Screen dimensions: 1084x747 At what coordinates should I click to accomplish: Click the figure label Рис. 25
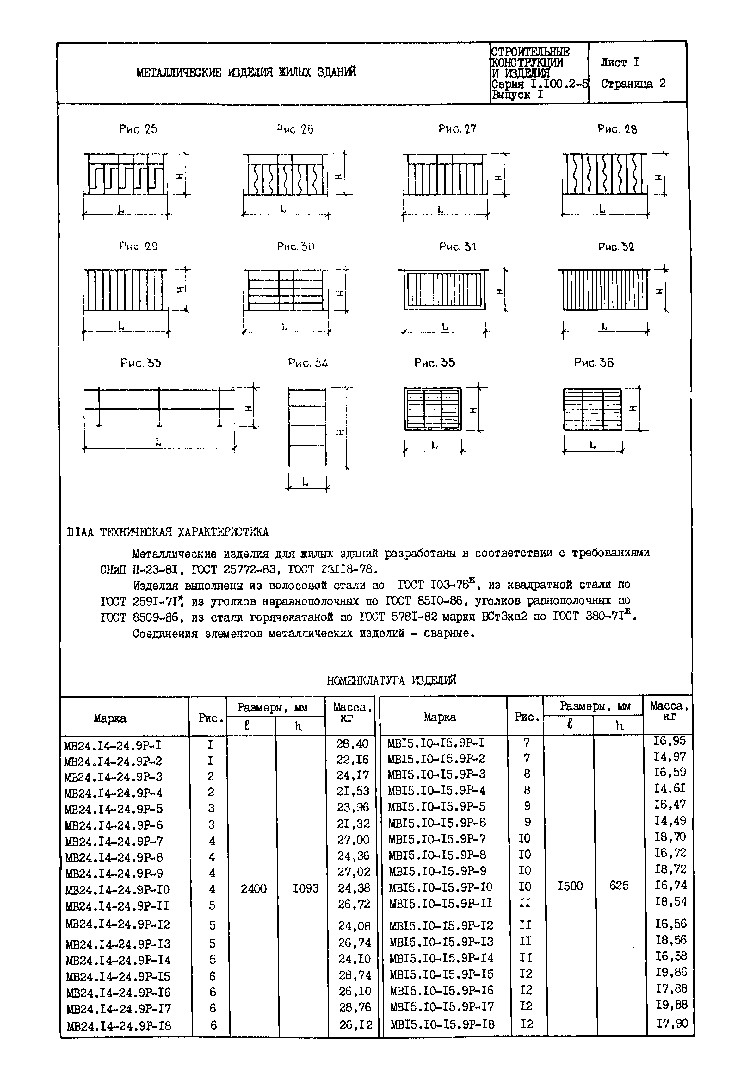coord(138,129)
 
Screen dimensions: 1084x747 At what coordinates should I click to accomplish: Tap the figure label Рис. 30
coord(296,247)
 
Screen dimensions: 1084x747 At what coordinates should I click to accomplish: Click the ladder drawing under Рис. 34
coord(307,426)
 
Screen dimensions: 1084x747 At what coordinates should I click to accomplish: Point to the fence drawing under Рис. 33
coord(159,408)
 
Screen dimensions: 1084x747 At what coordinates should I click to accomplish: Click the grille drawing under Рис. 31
coord(445,291)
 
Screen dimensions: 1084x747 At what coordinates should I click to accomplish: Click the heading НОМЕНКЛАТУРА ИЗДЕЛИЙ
coord(391,680)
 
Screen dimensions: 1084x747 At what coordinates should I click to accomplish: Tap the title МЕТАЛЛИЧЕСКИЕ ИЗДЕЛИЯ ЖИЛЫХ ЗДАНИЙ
coord(246,72)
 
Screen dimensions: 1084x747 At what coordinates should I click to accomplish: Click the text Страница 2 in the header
coord(633,84)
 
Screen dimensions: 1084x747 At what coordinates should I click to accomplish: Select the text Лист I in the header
coord(620,62)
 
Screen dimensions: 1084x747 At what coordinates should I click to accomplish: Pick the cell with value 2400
coord(254,888)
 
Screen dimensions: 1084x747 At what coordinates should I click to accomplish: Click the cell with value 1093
coord(305,888)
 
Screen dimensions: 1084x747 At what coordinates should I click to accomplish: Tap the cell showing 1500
coord(570,885)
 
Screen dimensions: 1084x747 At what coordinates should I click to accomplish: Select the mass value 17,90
coord(671,1024)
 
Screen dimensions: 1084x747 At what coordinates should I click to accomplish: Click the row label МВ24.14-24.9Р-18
coord(119,1026)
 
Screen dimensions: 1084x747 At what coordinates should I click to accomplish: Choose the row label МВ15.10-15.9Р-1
coord(436,743)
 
